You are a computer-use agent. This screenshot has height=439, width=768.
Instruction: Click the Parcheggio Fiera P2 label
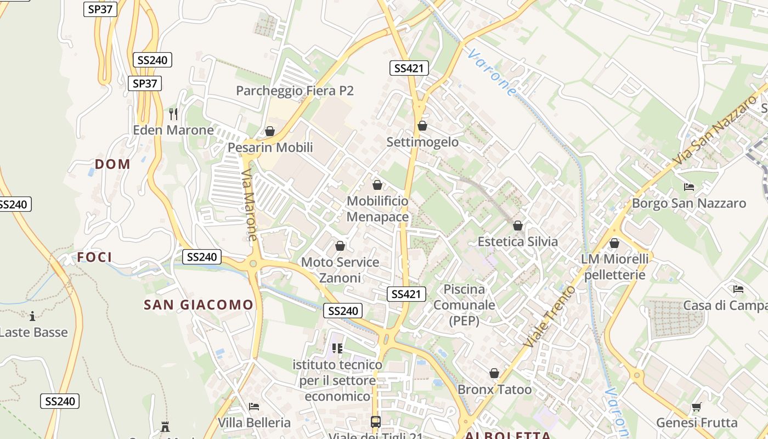tap(295, 91)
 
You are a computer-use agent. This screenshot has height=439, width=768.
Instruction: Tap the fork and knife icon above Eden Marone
tap(173, 114)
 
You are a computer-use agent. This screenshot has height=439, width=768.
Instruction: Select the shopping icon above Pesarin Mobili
tap(269, 131)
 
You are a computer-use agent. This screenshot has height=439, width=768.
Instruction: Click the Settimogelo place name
tap(422, 142)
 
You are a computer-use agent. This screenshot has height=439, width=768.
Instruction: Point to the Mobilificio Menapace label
tap(377, 209)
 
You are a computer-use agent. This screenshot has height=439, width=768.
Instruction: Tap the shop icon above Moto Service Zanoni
tap(340, 246)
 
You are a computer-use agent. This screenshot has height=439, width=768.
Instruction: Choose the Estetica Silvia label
tap(517, 241)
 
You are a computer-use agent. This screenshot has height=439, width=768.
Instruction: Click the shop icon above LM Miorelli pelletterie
tap(614, 243)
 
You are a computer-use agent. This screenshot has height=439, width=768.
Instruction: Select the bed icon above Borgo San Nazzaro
tap(689, 187)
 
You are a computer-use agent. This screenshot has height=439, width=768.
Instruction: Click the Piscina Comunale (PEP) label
tap(464, 305)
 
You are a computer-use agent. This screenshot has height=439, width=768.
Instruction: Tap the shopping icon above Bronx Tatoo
tap(494, 373)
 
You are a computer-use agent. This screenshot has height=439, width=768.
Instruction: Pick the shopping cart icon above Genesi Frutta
tap(696, 407)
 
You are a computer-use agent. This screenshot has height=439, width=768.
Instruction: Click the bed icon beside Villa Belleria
tap(254, 407)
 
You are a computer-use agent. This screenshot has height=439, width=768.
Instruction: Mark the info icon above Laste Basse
tap(32, 316)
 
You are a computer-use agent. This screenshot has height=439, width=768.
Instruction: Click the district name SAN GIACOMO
tap(199, 305)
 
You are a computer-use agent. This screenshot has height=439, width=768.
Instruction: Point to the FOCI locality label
tap(94, 257)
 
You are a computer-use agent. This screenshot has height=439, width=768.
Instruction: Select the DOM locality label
tap(112, 164)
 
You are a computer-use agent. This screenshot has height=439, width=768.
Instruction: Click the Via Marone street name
tap(250, 205)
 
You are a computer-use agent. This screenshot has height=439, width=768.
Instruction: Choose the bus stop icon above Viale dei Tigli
tap(376, 422)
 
